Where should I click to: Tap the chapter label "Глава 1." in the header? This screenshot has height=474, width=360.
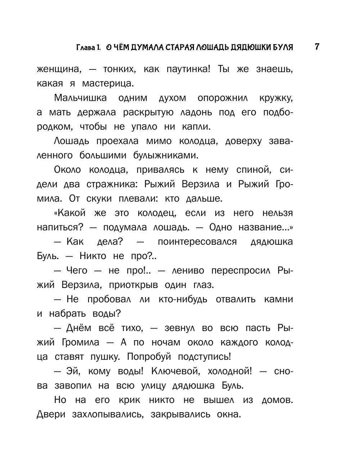(89, 48)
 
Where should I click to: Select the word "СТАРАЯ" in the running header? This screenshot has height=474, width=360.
(180, 48)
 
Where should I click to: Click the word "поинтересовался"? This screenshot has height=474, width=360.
(197, 242)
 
